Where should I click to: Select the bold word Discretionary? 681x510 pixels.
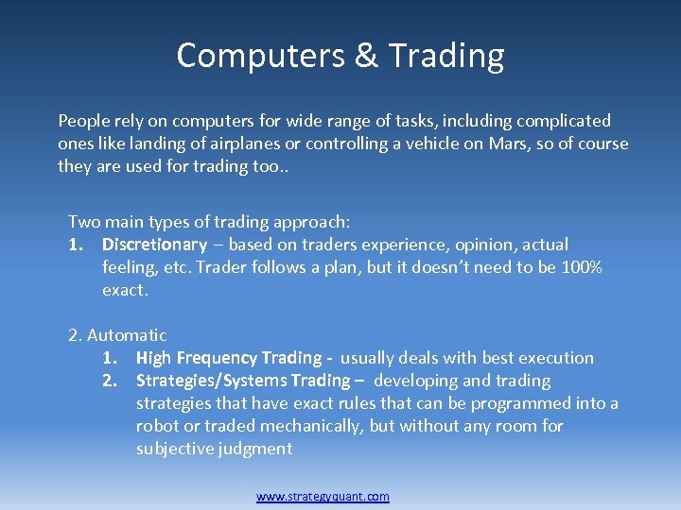coord(154,245)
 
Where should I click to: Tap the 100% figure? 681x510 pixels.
coord(582,267)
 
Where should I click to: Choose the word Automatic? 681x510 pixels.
coord(127,335)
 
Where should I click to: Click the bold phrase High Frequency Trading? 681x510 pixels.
coord(229,358)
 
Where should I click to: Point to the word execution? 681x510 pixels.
coord(554,358)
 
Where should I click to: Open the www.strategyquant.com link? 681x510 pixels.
coord(323,496)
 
